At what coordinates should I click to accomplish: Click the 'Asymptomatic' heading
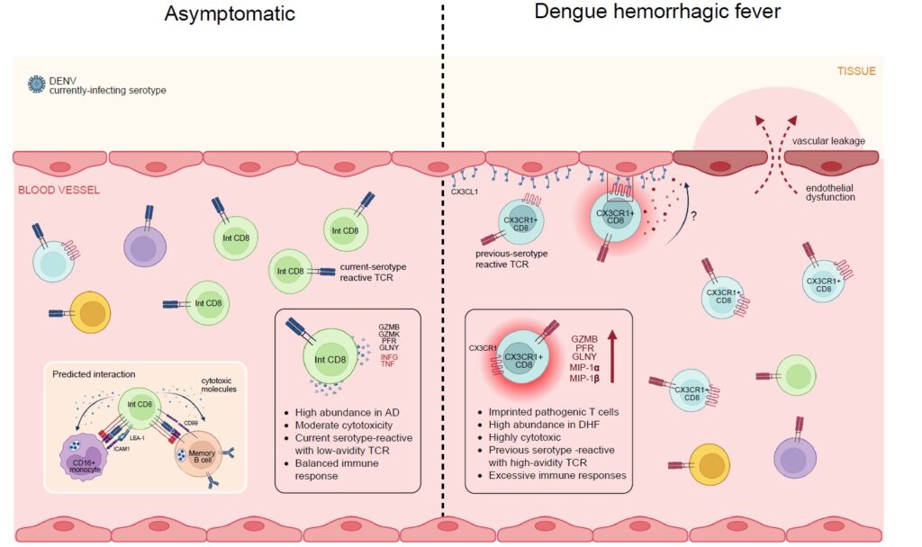tap(230, 14)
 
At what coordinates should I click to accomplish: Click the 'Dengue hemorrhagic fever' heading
tap(657, 12)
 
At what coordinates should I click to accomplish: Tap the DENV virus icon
tap(36, 85)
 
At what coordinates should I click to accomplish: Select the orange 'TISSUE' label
tap(856, 71)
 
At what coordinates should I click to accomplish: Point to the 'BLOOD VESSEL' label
tap(59, 191)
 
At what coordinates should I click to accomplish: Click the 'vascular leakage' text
tap(828, 141)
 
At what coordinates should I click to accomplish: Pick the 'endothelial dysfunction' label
tap(830, 193)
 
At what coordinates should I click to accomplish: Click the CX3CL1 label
tap(465, 193)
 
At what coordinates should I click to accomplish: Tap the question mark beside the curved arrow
tap(694, 216)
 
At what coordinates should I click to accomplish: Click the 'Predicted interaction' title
tap(94, 374)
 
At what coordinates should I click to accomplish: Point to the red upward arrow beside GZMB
tap(612, 356)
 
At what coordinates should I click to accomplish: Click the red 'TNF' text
tap(387, 364)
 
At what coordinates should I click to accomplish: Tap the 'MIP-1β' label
tap(584, 379)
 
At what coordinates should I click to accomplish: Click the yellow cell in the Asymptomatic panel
tap(90, 312)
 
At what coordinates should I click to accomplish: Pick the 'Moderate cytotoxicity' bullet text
tap(343, 426)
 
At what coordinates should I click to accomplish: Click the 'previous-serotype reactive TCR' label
tap(511, 259)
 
